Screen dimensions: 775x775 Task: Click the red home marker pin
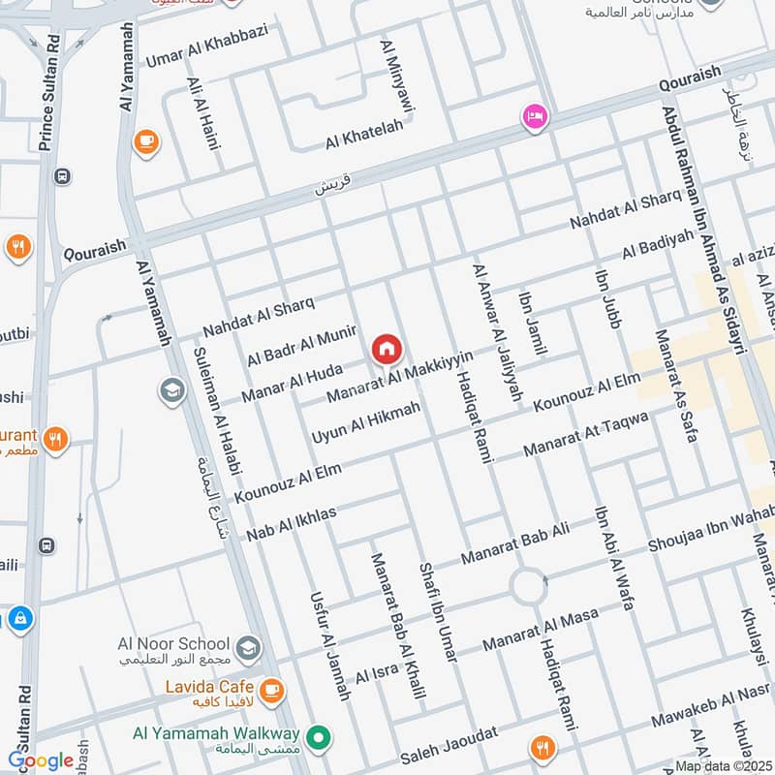386,348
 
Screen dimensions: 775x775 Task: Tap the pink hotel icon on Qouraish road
532,117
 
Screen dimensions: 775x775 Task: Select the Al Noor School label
173,644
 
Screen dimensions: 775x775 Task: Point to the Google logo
40,760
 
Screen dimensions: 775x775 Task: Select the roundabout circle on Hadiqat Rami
529,585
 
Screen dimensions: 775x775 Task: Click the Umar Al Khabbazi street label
205,45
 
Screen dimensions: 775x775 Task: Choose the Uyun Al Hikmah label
365,424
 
